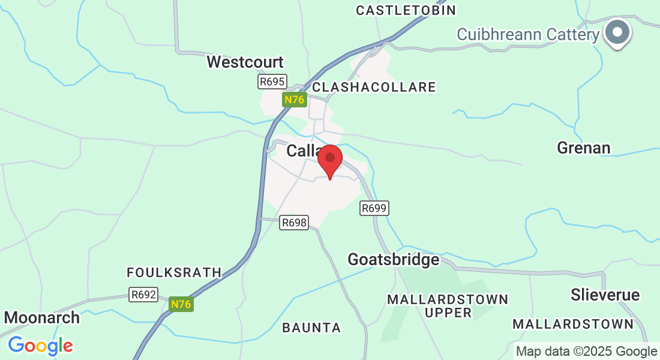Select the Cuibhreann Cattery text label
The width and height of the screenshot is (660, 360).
pyautogui.click(x=528, y=34)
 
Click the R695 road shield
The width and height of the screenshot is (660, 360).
pyautogui.click(x=272, y=82)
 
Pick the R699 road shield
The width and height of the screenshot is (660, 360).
pyautogui.click(x=374, y=208)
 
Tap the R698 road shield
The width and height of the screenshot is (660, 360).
pyautogui.click(x=294, y=223)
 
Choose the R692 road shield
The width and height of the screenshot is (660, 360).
pyautogui.click(x=143, y=295)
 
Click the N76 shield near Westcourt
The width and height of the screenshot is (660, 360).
pyautogui.click(x=294, y=100)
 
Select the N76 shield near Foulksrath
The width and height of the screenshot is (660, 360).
pyautogui.click(x=181, y=304)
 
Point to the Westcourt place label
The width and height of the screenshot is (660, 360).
pyautogui.click(x=245, y=62)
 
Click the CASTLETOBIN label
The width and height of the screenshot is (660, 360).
pyautogui.click(x=406, y=10)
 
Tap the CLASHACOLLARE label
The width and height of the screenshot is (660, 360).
pyautogui.click(x=374, y=87)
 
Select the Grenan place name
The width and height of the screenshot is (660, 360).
pyautogui.click(x=583, y=148)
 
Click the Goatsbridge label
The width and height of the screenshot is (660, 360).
pyautogui.click(x=394, y=259)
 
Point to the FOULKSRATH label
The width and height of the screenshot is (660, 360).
pyautogui.click(x=174, y=272)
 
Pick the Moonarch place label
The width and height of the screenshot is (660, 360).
pyautogui.click(x=42, y=317)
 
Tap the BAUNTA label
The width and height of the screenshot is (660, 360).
pyautogui.click(x=311, y=328)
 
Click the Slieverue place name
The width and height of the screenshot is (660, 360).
pyautogui.click(x=605, y=295)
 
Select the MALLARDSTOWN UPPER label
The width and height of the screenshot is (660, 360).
pyautogui.click(x=448, y=305)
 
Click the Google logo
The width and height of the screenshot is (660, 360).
pyautogui.click(x=40, y=346)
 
